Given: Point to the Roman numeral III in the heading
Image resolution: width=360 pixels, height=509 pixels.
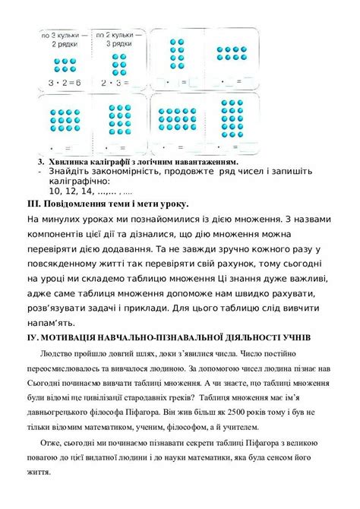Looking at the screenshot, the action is (x=33, y=204).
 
